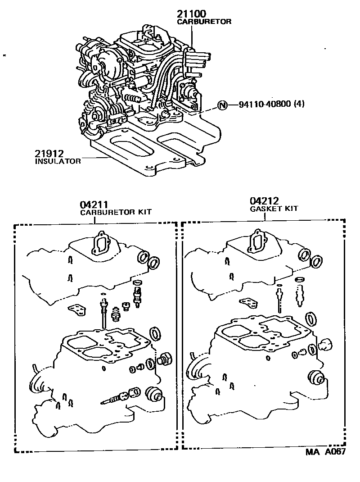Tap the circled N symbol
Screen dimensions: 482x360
pyautogui.click(x=222, y=105)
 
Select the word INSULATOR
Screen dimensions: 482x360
pyautogui.click(x=58, y=161)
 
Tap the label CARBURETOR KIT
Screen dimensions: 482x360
pyautogui.click(x=116, y=212)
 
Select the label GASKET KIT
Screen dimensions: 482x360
pyautogui.click(x=274, y=209)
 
